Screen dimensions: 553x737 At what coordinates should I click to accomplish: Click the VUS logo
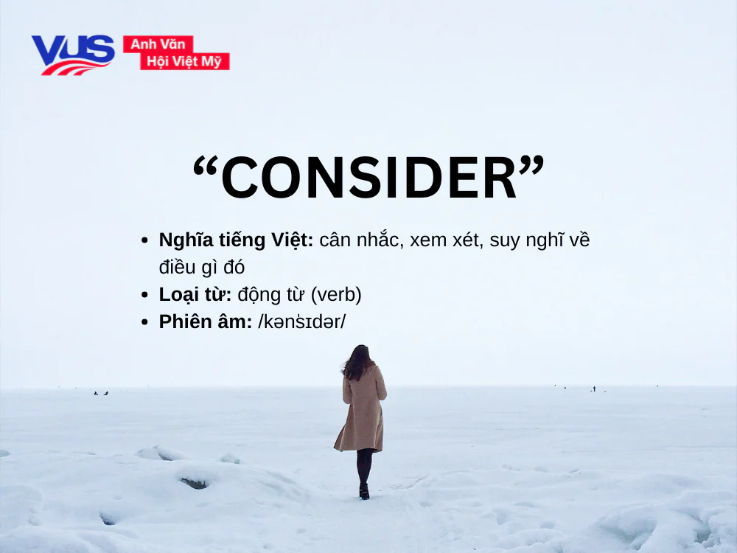click(x=72, y=54)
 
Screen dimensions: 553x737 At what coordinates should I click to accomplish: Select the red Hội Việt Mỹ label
click(x=184, y=61)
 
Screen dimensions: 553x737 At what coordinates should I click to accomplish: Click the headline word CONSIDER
click(x=368, y=178)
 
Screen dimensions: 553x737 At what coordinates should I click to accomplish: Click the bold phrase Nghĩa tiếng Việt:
click(x=236, y=240)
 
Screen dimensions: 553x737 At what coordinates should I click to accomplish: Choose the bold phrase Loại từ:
click(x=195, y=295)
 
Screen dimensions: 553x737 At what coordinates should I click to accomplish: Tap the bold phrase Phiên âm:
click(x=205, y=322)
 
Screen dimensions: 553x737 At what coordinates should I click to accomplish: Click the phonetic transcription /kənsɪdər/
click(x=302, y=322)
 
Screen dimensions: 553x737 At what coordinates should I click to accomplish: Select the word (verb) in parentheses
click(x=336, y=295)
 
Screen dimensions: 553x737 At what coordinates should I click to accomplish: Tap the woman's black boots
click(x=364, y=490)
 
